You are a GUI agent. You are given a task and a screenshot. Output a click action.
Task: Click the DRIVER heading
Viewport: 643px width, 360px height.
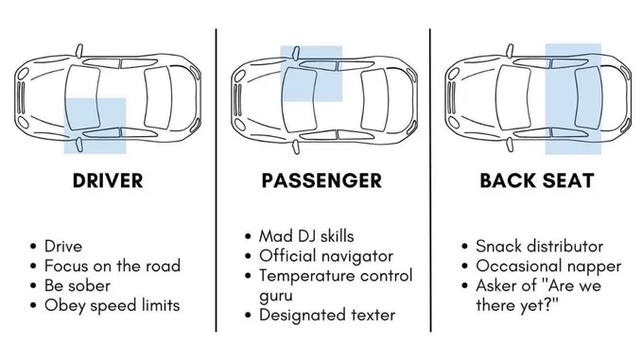pos(108,180)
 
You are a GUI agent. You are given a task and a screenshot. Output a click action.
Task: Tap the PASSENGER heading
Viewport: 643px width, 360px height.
pos(321,180)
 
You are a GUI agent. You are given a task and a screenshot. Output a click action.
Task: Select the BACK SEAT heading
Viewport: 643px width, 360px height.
pos(537,180)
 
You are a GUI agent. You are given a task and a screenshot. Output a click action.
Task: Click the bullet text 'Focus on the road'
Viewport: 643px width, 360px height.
pos(113,266)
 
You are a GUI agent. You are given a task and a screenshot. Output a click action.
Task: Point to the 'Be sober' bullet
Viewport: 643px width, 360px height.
pos(78,285)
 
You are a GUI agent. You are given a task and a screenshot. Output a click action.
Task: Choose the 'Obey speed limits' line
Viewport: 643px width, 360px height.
pos(112,305)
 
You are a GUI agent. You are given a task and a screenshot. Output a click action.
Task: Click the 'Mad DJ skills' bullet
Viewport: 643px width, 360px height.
pos(306,236)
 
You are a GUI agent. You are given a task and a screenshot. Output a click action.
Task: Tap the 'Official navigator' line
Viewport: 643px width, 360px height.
pos(326,256)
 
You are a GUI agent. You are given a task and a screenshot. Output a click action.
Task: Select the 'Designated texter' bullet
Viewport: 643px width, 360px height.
pos(327,315)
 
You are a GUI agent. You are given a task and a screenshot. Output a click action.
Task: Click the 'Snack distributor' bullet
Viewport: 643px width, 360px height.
pos(539,247)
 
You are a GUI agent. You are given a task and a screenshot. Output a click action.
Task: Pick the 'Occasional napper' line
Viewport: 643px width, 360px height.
pos(548,266)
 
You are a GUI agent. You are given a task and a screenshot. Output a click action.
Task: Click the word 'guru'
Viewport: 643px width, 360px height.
pos(276,296)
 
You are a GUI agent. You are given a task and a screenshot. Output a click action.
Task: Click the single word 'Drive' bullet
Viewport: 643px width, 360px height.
pos(63,247)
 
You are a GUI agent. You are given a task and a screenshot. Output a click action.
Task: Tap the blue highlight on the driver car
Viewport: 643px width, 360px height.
pos(95,126)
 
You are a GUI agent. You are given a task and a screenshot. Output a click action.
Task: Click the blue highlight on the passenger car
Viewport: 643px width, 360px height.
pos(311,74)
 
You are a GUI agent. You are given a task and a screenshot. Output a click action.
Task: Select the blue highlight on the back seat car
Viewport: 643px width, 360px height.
pos(573,99)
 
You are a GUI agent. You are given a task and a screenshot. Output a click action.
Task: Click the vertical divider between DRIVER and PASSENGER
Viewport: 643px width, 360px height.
pos(217,180)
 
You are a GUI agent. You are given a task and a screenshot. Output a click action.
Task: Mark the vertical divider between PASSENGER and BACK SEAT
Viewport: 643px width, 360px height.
pos(430,180)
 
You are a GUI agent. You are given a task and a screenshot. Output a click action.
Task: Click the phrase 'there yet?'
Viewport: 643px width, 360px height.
pos(517,305)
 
